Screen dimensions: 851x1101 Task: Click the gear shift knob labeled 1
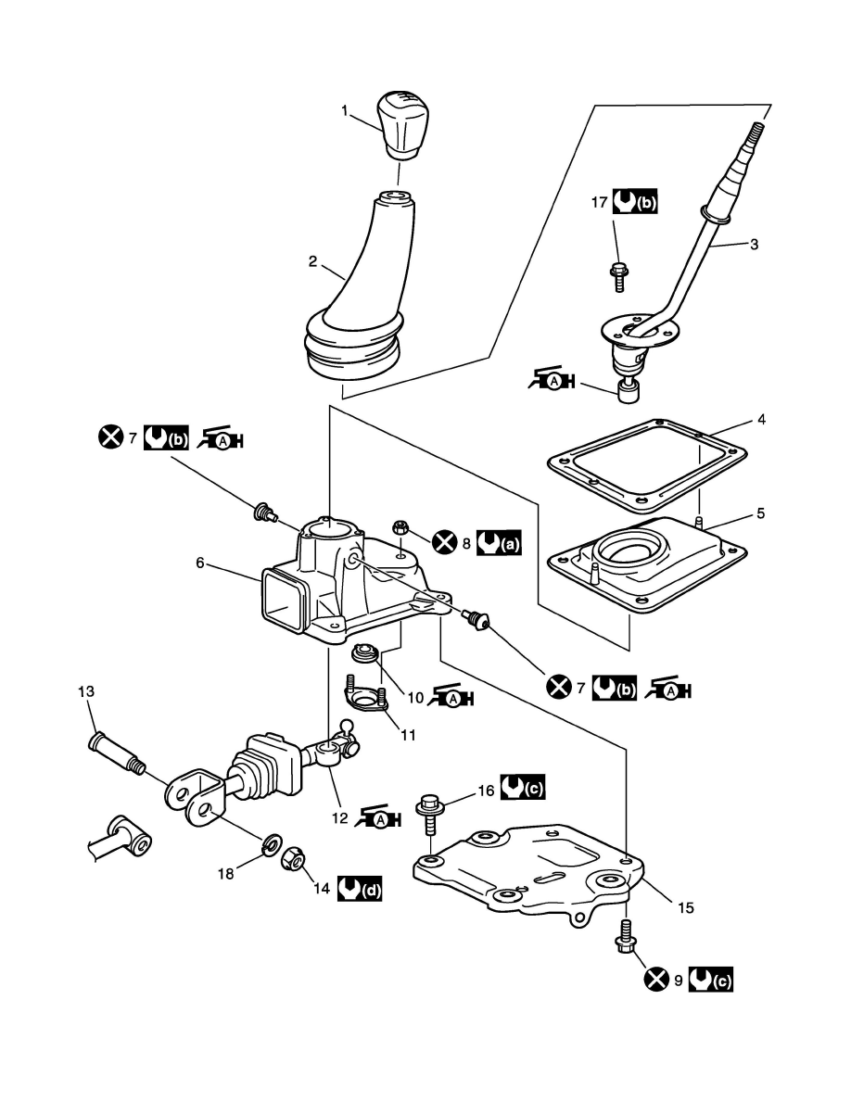pyautogui.click(x=400, y=124)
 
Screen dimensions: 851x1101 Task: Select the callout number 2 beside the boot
pyautogui.click(x=313, y=262)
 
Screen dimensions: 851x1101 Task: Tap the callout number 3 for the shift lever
pyautogui.click(x=754, y=245)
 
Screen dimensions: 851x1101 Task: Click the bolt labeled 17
pyautogui.click(x=618, y=277)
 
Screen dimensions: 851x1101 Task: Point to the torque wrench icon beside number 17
pyautogui.click(x=635, y=201)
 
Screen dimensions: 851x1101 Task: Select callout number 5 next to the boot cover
pyautogui.click(x=761, y=513)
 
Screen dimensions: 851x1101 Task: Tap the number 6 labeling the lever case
pyautogui.click(x=200, y=563)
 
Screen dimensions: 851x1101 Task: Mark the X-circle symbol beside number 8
pyautogui.click(x=444, y=541)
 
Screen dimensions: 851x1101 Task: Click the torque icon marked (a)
pyautogui.click(x=500, y=543)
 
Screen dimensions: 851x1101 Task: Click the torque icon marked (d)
pyautogui.click(x=360, y=888)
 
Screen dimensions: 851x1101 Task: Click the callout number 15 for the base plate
pyautogui.click(x=685, y=907)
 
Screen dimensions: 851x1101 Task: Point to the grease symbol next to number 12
pyautogui.click(x=378, y=817)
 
